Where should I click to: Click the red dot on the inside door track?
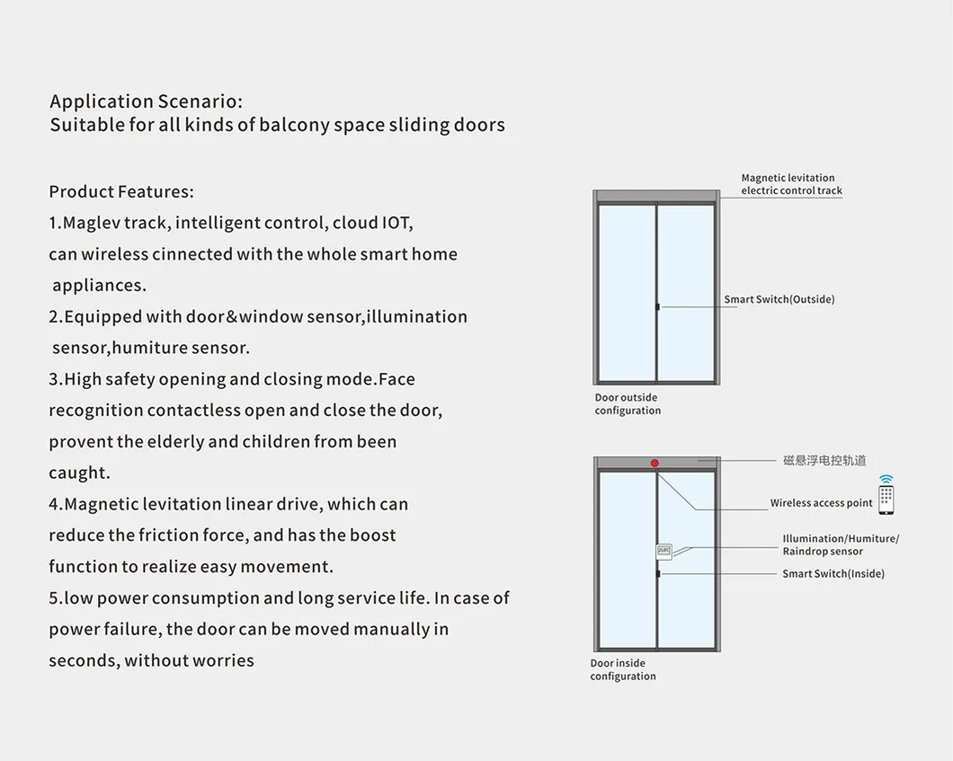(655, 463)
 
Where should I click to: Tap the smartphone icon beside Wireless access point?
(886, 496)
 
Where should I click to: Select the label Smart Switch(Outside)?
(779, 299)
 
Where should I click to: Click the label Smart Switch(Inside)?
(833, 573)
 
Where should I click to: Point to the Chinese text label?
(824, 460)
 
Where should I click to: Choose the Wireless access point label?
(821, 503)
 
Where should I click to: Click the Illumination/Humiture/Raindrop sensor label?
(841, 544)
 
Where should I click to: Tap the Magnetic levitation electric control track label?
(791, 184)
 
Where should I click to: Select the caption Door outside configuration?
(628, 404)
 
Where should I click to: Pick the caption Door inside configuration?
(623, 669)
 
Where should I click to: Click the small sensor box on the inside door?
(664, 552)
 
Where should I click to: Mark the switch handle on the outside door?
(657, 306)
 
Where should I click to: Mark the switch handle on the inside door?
(658, 573)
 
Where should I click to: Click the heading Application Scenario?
(146, 102)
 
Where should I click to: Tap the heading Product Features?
(121, 192)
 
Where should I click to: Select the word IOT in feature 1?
(396, 223)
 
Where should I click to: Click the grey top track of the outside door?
(656, 197)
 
